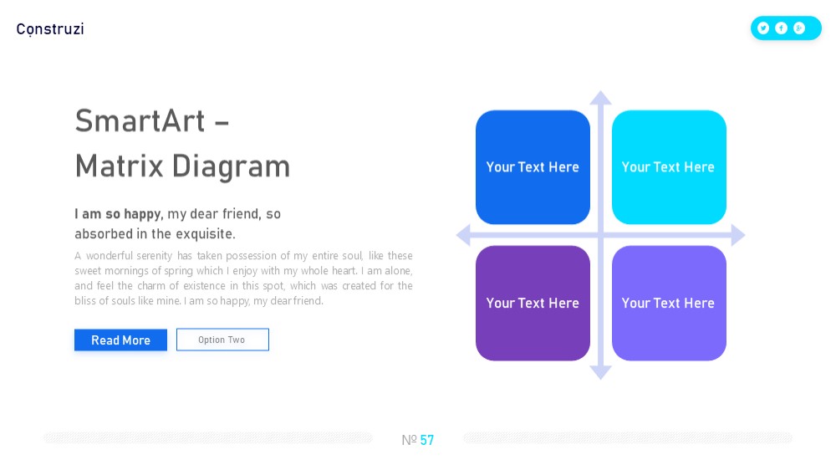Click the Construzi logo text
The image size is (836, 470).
point(50,28)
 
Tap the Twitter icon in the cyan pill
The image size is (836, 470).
point(763,28)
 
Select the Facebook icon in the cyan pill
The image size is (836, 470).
point(781,28)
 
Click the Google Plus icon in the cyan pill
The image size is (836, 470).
point(798,28)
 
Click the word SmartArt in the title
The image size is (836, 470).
point(140,120)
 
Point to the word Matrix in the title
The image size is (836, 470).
point(119,166)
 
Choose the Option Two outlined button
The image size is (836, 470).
point(222,340)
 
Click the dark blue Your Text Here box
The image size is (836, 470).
point(533,167)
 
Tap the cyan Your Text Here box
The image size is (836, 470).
point(669,167)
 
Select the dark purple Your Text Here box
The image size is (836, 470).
point(533,303)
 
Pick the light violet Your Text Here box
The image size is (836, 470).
point(669,303)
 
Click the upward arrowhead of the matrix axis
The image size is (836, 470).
point(600,98)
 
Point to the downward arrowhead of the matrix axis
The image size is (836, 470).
point(600,372)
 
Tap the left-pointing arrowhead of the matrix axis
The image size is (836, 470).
point(463,235)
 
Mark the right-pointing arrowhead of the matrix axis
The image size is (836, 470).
point(738,235)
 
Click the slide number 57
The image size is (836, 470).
point(427,440)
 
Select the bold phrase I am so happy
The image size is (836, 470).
point(117,214)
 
